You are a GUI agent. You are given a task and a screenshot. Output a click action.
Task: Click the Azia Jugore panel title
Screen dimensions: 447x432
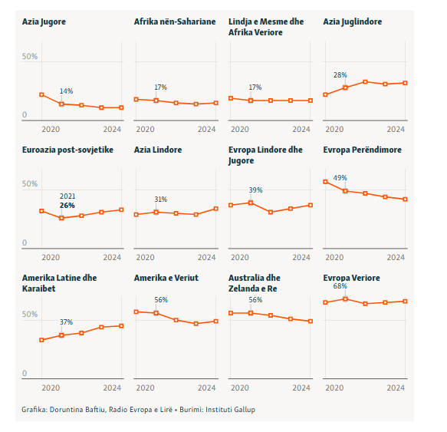44,22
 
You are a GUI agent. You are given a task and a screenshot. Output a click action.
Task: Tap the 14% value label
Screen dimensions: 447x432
66,91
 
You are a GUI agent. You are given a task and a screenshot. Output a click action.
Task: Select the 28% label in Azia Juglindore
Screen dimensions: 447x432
340,75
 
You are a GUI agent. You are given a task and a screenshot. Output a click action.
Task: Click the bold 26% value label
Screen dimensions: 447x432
67,206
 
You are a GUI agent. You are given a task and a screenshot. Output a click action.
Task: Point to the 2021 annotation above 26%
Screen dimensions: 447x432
67,196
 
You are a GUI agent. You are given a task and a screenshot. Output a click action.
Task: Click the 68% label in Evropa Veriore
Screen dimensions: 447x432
340,286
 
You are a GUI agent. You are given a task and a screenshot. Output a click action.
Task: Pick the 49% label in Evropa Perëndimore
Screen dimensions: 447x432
340,178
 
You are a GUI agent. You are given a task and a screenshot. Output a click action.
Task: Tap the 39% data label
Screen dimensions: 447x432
255,190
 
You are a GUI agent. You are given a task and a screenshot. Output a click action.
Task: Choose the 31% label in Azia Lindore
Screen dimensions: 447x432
161,200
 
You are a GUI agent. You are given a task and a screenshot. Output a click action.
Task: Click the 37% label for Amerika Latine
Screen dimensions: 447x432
66,322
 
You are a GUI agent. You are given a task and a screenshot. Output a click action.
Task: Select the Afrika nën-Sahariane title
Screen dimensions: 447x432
175,21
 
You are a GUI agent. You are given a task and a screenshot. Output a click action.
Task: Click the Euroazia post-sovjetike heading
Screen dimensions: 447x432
67,150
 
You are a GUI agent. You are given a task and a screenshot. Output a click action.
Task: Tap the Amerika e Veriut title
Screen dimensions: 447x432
166,278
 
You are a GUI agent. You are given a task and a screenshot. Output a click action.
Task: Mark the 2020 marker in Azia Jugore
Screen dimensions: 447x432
41,94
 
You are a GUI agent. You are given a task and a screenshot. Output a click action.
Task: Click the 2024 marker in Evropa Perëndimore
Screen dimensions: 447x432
405,200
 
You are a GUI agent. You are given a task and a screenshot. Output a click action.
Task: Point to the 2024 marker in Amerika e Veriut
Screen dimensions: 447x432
215,322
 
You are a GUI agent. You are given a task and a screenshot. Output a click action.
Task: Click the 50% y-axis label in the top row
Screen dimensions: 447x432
30,56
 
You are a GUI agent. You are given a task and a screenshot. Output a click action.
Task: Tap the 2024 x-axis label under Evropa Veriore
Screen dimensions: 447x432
396,387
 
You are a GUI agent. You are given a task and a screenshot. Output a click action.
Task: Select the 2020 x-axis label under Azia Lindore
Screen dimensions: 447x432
145,257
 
